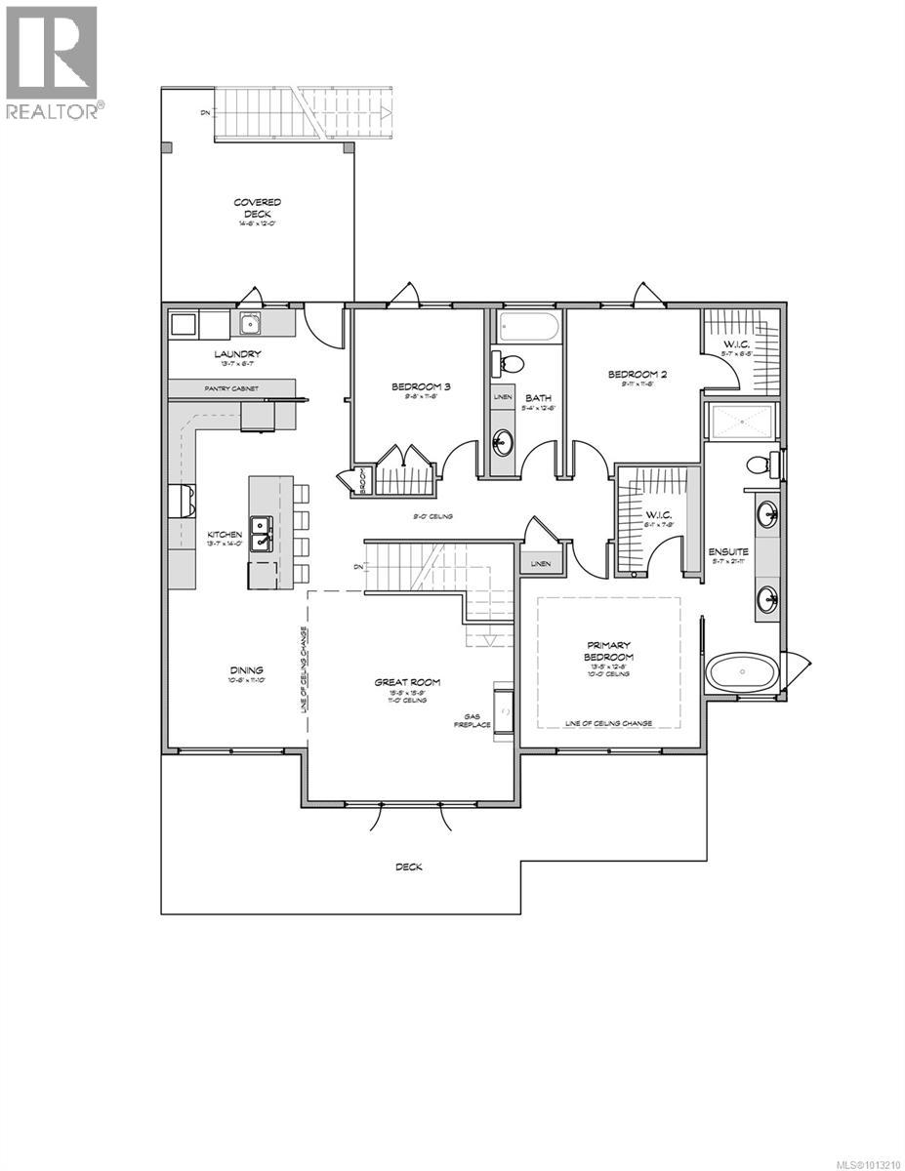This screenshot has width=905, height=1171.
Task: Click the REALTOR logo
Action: click(51, 61)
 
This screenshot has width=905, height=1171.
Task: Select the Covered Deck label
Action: click(257, 208)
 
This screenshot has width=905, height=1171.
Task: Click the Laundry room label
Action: click(238, 354)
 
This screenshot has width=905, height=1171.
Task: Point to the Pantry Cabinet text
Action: click(231, 387)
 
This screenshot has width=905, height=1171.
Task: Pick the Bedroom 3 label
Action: click(408, 386)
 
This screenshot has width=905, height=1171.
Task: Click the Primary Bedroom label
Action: click(609, 651)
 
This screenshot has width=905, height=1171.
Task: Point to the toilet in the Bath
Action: click(509, 362)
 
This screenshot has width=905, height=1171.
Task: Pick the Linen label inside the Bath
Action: click(502, 397)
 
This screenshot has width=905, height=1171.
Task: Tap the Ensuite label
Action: click(728, 552)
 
